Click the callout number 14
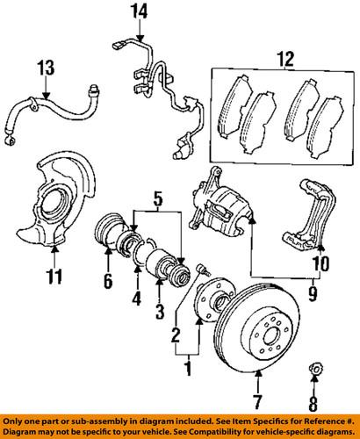point(137,11)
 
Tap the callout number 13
point(45,68)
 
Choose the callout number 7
point(258,406)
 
